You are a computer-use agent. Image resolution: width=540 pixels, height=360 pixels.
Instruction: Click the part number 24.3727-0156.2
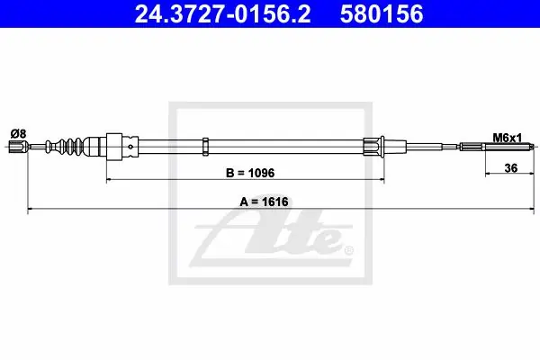(x=222, y=13)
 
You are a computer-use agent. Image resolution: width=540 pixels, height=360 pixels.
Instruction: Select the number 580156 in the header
(x=382, y=13)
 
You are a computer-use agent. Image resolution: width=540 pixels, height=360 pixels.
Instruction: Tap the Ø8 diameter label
(x=18, y=133)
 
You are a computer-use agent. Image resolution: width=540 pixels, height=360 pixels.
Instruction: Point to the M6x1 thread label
(x=508, y=138)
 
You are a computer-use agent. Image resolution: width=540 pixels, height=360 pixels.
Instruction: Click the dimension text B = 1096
(x=250, y=173)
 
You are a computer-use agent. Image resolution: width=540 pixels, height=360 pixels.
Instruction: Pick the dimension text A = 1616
(x=264, y=202)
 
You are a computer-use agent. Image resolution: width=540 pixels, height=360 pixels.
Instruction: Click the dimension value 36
(x=510, y=168)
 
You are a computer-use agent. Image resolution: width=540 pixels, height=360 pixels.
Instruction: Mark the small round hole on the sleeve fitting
(x=130, y=147)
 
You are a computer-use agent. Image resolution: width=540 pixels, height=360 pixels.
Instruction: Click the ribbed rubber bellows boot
(x=65, y=147)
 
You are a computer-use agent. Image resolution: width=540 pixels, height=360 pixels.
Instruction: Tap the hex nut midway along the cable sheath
(x=205, y=147)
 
